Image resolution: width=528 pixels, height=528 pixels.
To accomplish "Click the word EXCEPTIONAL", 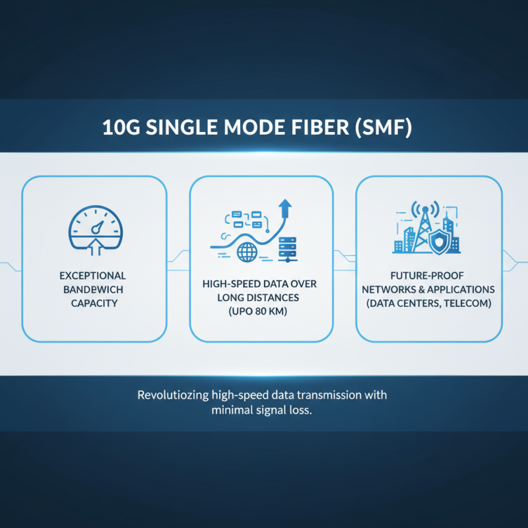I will point(94,275).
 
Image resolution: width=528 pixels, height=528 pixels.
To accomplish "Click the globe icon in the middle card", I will point(246,251).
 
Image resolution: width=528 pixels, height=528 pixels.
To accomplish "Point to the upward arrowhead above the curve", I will point(286,207).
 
